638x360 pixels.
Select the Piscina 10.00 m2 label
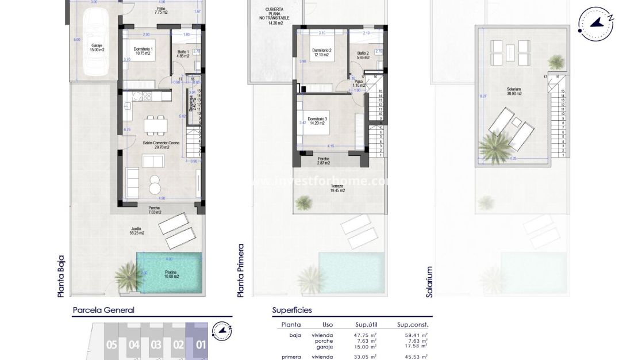click(x=169, y=274)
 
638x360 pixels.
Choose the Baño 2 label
click(x=363, y=55)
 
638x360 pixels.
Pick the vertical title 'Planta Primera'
click(x=241, y=270)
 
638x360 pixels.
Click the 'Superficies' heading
click(x=292, y=310)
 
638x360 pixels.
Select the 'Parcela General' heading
click(x=103, y=310)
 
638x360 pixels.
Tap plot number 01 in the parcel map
click(x=201, y=345)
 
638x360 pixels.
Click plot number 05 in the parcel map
click(x=112, y=345)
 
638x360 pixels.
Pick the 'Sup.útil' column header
click(x=364, y=325)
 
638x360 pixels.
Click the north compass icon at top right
click(x=597, y=23)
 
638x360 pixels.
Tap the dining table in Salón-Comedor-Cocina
click(x=156, y=124)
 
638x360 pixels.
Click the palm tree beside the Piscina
click(x=129, y=275)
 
